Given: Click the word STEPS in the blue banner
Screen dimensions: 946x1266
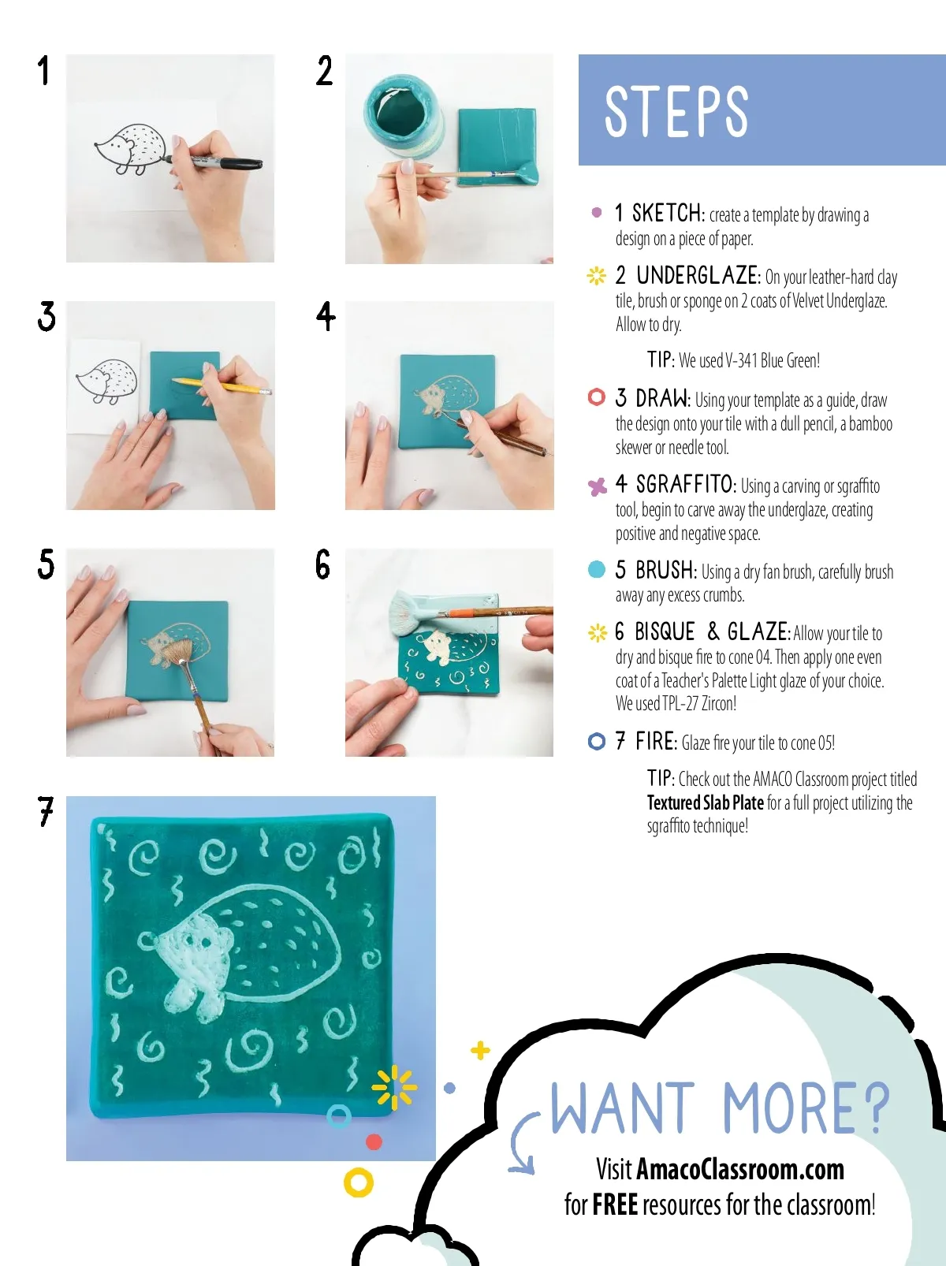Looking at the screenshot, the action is [x=676, y=112].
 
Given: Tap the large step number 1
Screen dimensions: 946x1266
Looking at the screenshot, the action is [x=43, y=70].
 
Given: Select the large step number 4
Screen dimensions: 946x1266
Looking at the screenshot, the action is [x=326, y=316].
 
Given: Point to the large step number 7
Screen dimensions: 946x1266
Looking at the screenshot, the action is [x=46, y=811].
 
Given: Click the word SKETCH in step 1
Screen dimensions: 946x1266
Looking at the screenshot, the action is [x=667, y=214].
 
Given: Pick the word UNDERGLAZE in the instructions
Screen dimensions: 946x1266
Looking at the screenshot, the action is [x=698, y=276].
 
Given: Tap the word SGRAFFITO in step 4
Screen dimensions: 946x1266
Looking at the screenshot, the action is [x=684, y=485].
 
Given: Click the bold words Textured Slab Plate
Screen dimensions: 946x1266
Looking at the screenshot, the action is [x=705, y=802].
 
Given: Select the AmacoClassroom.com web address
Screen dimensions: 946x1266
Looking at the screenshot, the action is [x=740, y=1170].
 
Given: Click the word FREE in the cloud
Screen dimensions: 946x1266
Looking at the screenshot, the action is [x=615, y=1205].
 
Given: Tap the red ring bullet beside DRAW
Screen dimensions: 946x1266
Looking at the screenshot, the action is [x=597, y=397].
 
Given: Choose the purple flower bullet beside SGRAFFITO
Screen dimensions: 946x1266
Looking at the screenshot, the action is [x=597, y=487].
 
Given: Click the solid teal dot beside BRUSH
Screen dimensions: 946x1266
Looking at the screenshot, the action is [x=597, y=569].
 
